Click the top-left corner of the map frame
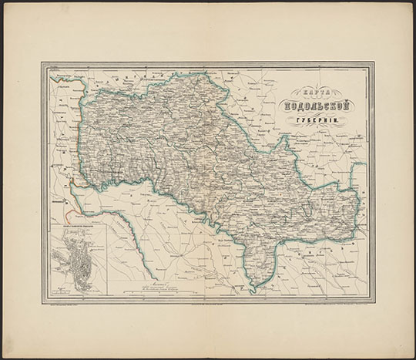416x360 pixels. pos(42,64)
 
